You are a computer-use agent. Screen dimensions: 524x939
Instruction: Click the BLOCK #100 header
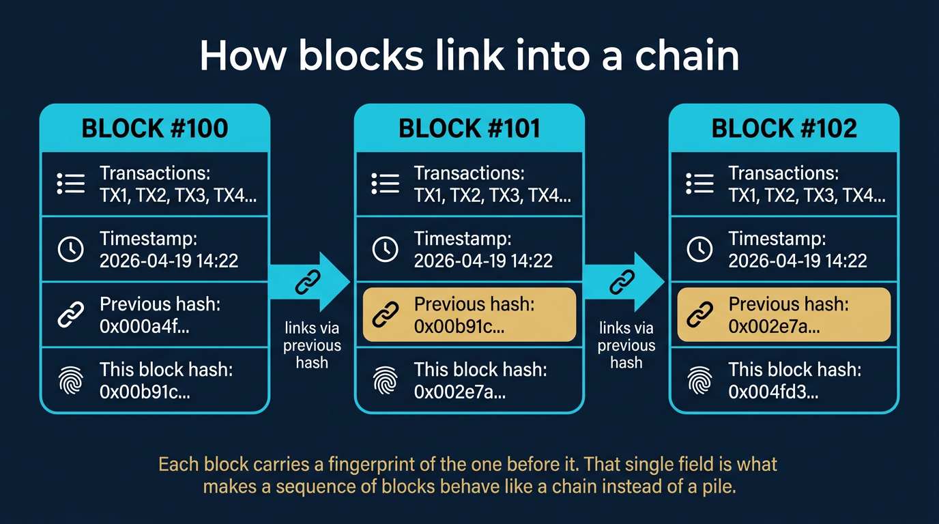(x=155, y=128)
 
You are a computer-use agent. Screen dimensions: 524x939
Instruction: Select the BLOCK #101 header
(x=470, y=128)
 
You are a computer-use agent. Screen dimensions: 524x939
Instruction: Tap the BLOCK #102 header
(x=784, y=128)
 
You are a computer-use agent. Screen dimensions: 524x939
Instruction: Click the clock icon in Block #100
(x=70, y=250)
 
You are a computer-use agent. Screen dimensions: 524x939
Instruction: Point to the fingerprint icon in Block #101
(x=385, y=381)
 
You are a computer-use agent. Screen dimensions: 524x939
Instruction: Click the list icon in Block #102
(x=699, y=184)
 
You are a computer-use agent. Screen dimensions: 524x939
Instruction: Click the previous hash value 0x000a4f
(x=145, y=326)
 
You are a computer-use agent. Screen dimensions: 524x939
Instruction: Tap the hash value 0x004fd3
(x=773, y=392)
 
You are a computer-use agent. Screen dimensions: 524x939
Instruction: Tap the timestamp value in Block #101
(x=483, y=261)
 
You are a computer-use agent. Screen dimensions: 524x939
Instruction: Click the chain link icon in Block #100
(x=70, y=315)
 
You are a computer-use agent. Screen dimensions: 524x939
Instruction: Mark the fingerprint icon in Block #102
(x=699, y=381)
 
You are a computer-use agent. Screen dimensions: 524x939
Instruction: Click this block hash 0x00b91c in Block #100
(x=145, y=392)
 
